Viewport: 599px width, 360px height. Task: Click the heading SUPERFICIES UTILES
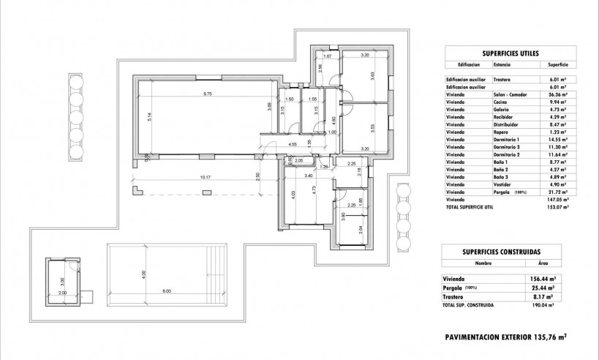click(511, 54)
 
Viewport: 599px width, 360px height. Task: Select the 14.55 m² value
click(558, 140)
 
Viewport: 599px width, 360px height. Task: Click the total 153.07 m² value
click(558, 207)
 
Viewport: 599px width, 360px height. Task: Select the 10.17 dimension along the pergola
click(205, 177)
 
